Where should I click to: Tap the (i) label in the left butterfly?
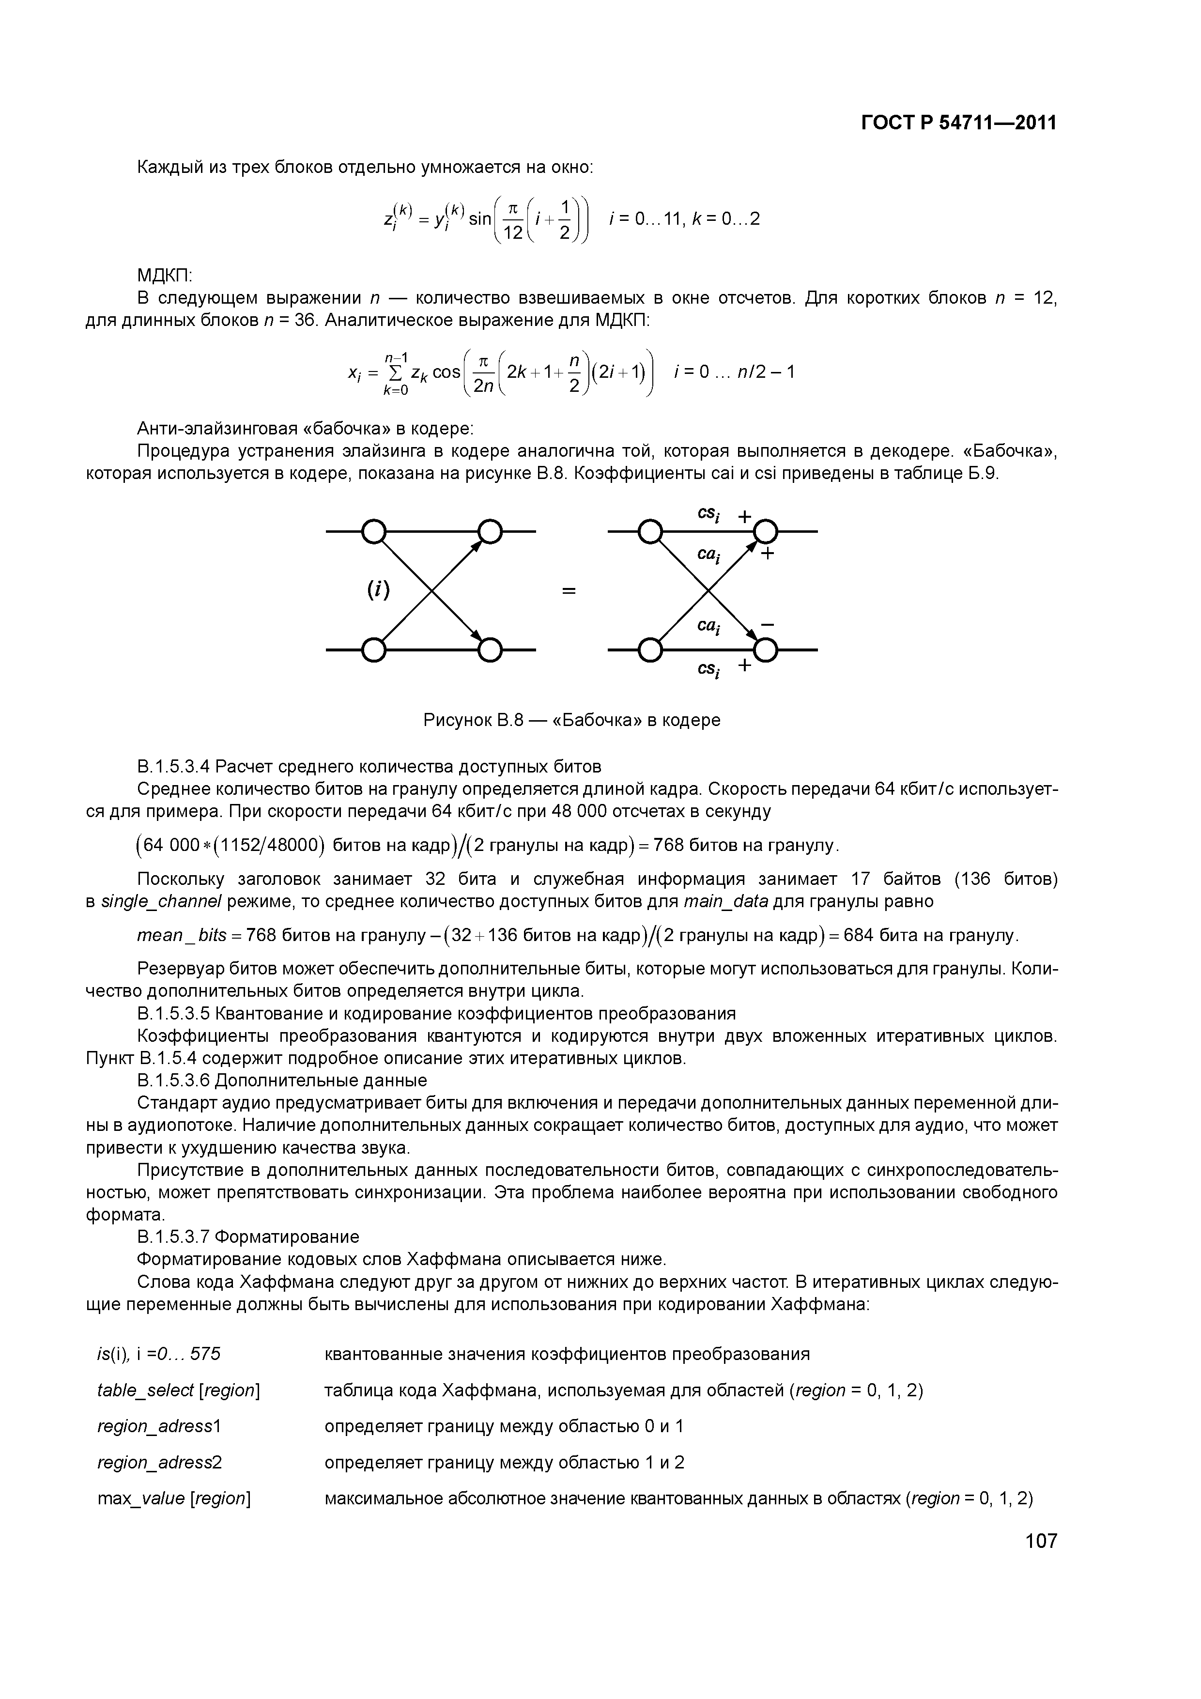(379, 590)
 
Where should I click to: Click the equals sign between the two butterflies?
(569, 591)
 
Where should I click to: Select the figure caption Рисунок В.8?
(571, 720)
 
